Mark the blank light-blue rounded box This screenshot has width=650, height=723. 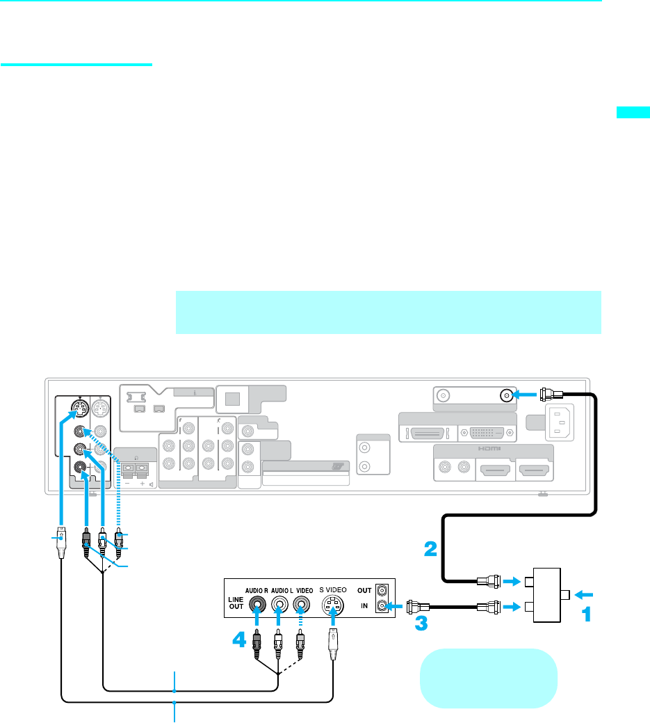tap(489, 678)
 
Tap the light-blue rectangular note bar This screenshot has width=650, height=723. tap(389, 312)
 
